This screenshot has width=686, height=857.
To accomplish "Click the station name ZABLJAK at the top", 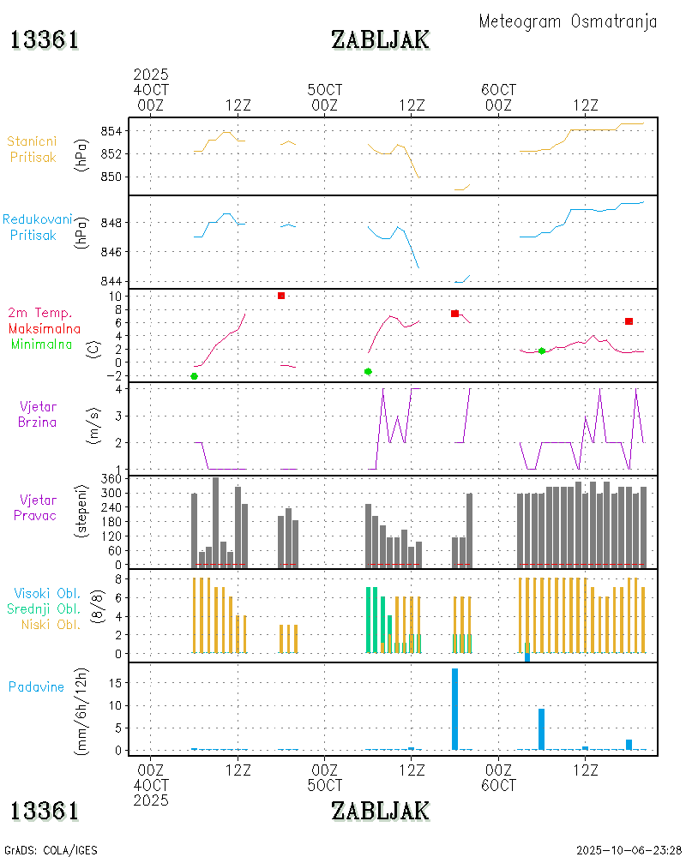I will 380,39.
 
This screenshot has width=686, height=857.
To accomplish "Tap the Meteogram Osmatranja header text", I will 568,21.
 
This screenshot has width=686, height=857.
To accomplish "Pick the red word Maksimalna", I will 45,329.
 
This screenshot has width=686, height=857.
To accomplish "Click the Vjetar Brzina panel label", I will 39,414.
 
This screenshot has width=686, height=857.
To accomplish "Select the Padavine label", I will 36,686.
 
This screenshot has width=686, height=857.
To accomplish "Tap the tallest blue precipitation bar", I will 454,709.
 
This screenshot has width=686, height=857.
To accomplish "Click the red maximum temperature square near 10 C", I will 281,296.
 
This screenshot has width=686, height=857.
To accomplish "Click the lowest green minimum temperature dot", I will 194,376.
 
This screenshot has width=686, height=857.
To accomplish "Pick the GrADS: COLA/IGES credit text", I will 51,850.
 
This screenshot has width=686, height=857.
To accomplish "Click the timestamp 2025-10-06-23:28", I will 629,850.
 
